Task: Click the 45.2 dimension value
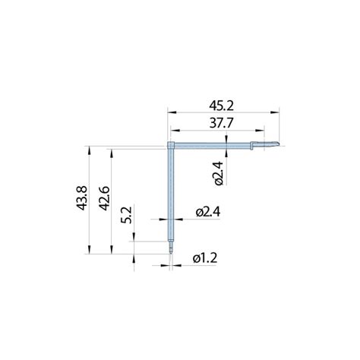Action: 221,106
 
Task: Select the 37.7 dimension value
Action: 221,124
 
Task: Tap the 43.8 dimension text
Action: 82,198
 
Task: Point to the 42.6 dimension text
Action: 104,198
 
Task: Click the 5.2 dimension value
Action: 126,215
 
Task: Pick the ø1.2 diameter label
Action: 205,258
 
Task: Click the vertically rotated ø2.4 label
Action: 219,173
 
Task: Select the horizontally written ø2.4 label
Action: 208,212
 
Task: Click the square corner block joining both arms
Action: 171,145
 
